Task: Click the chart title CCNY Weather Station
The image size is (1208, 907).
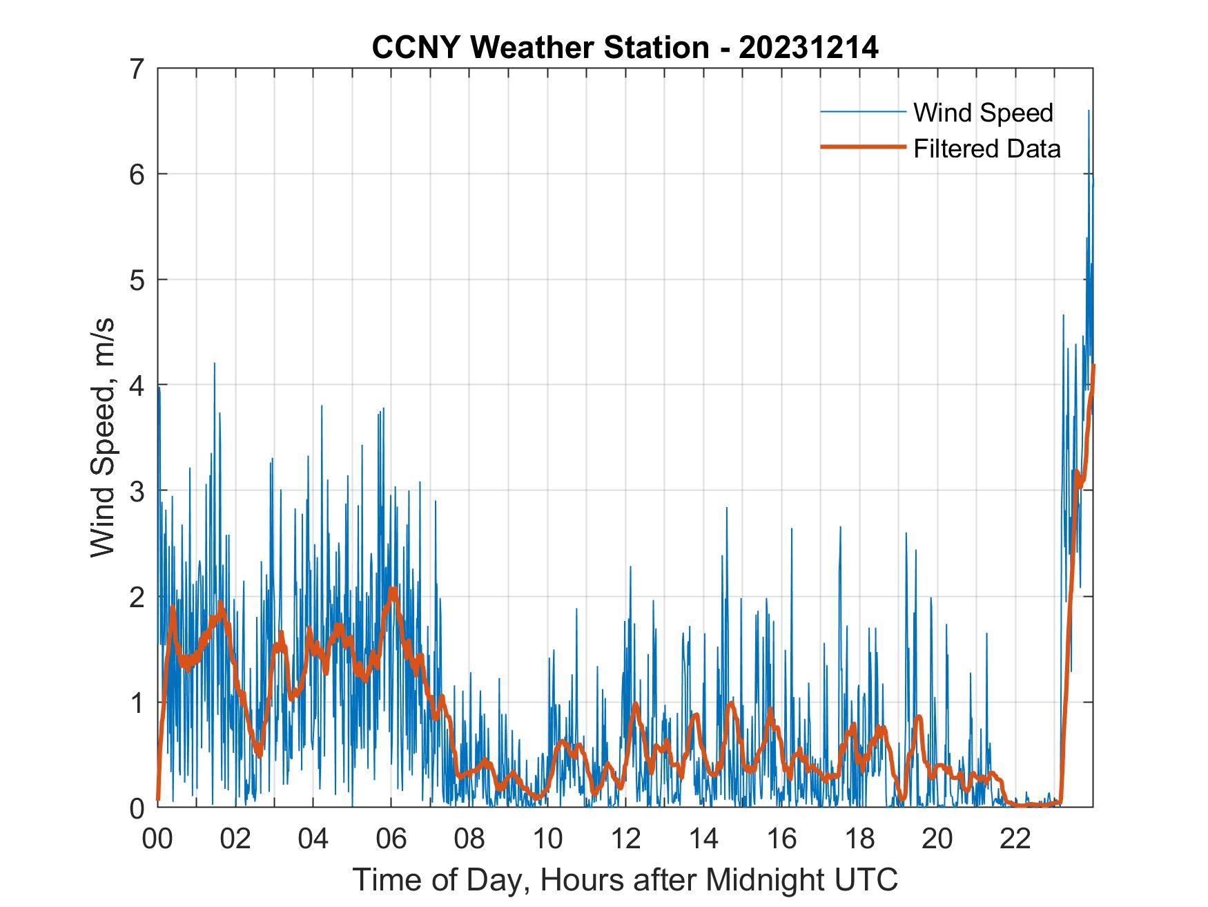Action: click(x=540, y=48)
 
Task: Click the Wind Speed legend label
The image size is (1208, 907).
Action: click(x=983, y=113)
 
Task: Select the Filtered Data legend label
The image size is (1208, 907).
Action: click(x=986, y=149)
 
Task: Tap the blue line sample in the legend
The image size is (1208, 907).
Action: click(x=862, y=112)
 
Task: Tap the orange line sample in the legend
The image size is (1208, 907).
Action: click(x=862, y=147)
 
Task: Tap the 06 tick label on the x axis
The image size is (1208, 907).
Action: click(x=391, y=839)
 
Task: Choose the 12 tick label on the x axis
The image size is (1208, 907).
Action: click(x=625, y=839)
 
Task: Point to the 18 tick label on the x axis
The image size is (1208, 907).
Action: click(x=859, y=839)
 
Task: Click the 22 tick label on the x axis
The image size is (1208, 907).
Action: click(x=1015, y=839)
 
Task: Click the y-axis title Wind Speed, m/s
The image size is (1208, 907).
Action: click(x=104, y=438)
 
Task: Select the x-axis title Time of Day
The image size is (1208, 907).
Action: click(x=625, y=880)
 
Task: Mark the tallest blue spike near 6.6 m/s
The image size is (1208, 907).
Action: click(x=1089, y=111)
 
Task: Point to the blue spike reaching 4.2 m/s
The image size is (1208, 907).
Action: click(x=214, y=364)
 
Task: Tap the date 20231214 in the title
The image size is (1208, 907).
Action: click(x=809, y=48)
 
